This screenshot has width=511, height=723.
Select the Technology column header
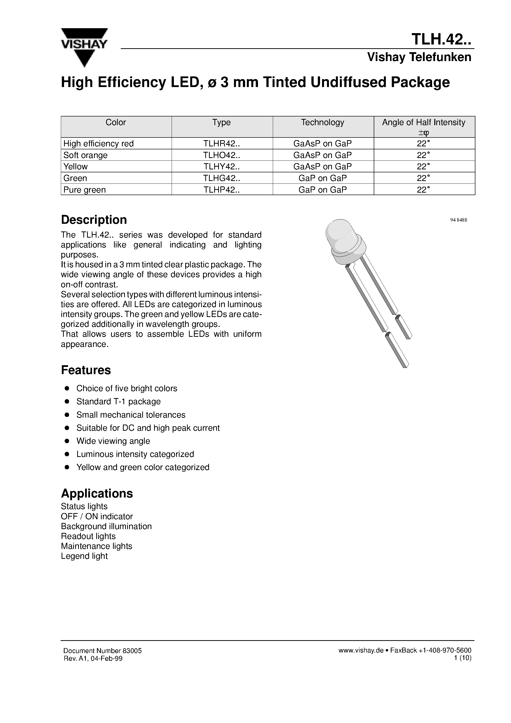point(323,122)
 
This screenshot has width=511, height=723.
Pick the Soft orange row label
point(85,155)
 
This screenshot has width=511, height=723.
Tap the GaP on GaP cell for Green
point(323,178)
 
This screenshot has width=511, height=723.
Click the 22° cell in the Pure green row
point(423,190)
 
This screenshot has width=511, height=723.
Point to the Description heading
point(94,220)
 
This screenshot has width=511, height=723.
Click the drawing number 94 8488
point(458,220)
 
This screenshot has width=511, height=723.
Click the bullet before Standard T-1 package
point(67,402)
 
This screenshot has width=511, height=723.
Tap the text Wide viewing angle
point(113,441)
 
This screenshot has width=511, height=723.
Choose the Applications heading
point(97,494)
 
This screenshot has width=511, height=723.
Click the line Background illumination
point(106,526)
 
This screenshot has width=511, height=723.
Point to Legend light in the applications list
point(84,556)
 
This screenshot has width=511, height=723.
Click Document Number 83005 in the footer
point(102,651)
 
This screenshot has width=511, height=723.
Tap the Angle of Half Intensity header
point(423,122)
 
